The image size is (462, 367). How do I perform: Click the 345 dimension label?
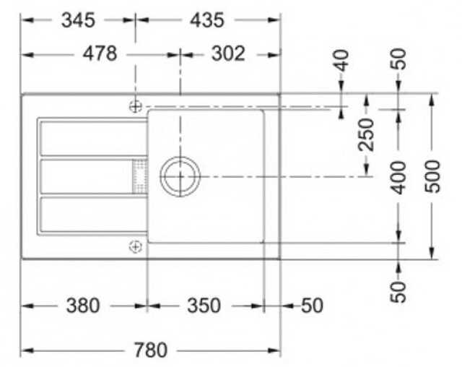pos(78,20)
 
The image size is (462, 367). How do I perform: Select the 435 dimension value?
pos(207,20)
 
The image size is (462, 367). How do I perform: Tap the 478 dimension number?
pos(100,54)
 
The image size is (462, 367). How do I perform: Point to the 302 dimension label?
pos(228,54)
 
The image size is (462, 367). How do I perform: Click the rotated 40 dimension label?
pos(341,61)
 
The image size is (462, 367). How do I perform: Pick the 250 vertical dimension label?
pos(366,134)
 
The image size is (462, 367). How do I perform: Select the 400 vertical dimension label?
pos(398,178)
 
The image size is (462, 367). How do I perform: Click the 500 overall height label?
pos(432,176)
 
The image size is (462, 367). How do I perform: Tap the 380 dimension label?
pos(83,306)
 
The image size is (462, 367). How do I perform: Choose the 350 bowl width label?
pos(204,306)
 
